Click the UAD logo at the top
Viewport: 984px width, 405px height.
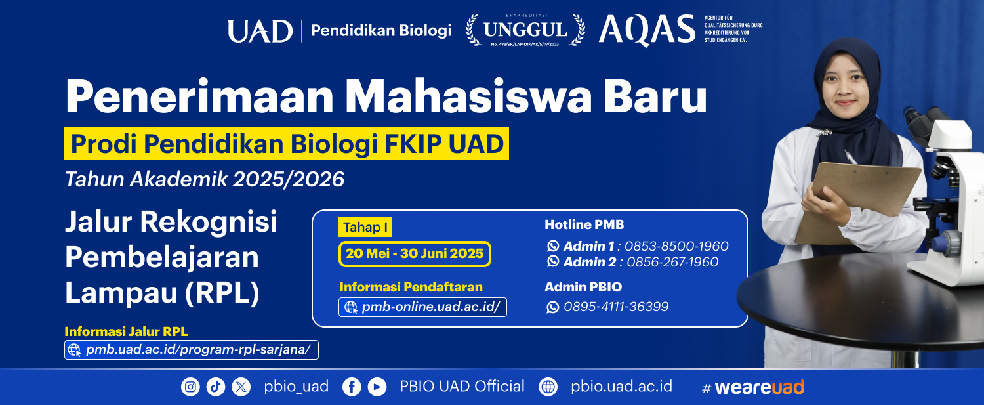(x=260, y=31)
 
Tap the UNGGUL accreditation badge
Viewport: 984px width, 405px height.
(x=525, y=30)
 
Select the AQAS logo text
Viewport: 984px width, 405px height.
(x=647, y=30)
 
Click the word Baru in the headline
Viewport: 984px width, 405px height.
(x=655, y=96)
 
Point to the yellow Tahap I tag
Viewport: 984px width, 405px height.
(x=365, y=227)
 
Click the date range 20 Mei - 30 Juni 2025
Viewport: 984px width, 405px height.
(x=415, y=254)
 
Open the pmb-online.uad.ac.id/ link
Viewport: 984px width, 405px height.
(x=422, y=307)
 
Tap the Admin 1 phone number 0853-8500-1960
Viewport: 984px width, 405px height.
(x=676, y=245)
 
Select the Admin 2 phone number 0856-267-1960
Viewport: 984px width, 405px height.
(x=672, y=262)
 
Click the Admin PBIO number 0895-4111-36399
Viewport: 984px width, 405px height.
(x=616, y=307)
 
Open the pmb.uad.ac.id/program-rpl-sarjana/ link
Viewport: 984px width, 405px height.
(x=192, y=350)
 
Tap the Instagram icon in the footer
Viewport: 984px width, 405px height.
(x=190, y=387)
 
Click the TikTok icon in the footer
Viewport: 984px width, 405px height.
(x=216, y=387)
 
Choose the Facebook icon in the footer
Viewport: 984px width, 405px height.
(x=352, y=387)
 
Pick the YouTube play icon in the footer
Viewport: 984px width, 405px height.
(x=377, y=387)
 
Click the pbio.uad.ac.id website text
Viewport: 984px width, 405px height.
(x=621, y=387)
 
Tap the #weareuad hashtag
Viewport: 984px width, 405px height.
(x=753, y=387)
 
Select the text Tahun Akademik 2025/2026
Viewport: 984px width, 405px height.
(x=205, y=179)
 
